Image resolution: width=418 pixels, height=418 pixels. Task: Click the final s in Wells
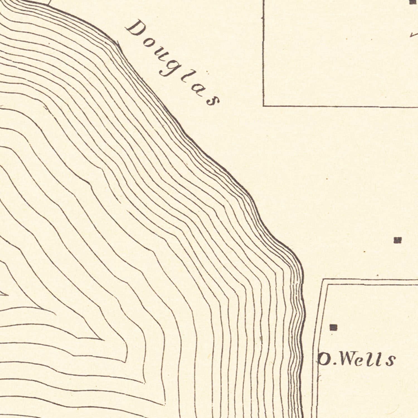coord(390,361)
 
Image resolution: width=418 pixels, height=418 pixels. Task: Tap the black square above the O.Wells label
coord(333,327)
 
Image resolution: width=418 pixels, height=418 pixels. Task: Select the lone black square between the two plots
coord(398,240)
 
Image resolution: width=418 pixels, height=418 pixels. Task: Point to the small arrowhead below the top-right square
coord(412,35)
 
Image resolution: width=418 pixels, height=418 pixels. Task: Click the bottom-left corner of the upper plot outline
coord(264,106)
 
